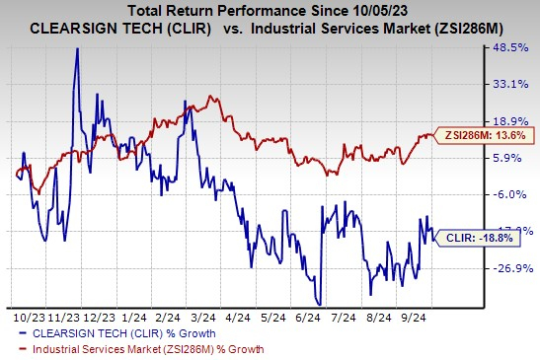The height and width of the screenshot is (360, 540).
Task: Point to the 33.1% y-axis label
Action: pos(508,84)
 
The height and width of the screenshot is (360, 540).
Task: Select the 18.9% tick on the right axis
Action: pos(508,121)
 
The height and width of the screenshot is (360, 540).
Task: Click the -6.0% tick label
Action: pos(510,194)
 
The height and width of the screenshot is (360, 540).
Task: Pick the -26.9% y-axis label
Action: pos(507,267)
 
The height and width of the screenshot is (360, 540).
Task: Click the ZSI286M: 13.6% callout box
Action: pos(469,135)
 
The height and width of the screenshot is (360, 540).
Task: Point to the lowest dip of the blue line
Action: pos(318,303)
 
